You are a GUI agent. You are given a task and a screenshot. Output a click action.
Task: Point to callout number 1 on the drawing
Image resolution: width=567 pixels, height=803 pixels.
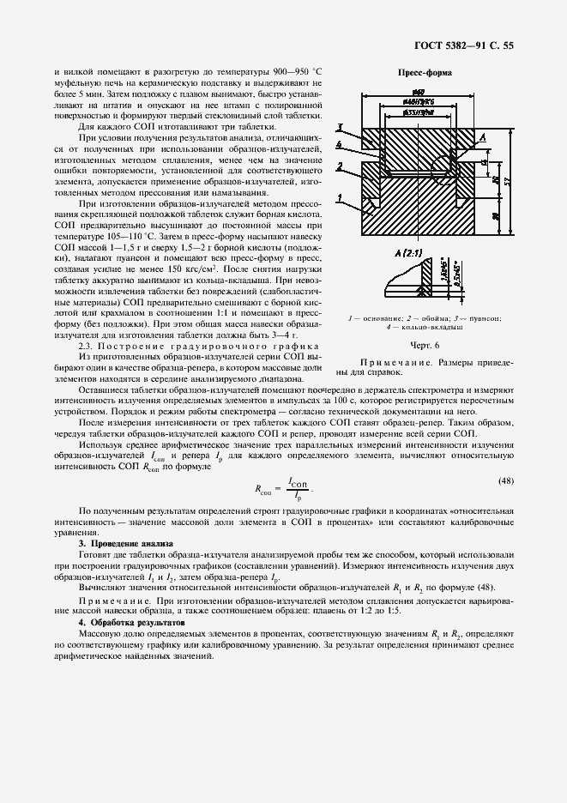(x=340, y=198)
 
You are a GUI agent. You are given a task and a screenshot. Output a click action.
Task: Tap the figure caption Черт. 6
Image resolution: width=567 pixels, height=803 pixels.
(x=424, y=345)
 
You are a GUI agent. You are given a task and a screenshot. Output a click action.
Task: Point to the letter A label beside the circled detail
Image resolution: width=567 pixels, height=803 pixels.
(x=484, y=137)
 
